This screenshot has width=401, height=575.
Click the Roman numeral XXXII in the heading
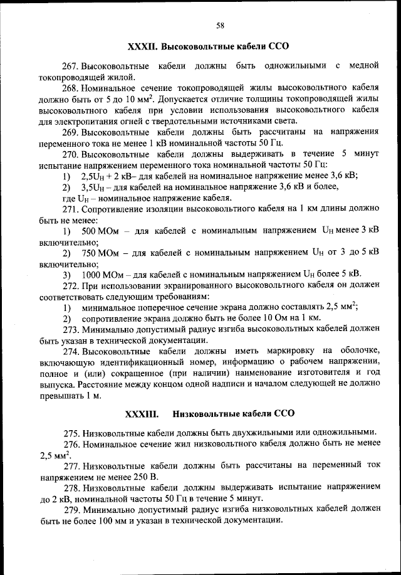pos(142,47)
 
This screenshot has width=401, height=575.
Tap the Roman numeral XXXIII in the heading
pos(142,414)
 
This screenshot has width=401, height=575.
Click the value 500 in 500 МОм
pos(88,231)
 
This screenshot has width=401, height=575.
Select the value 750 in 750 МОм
pos(88,253)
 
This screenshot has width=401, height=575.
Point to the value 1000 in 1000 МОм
pos(91,274)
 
